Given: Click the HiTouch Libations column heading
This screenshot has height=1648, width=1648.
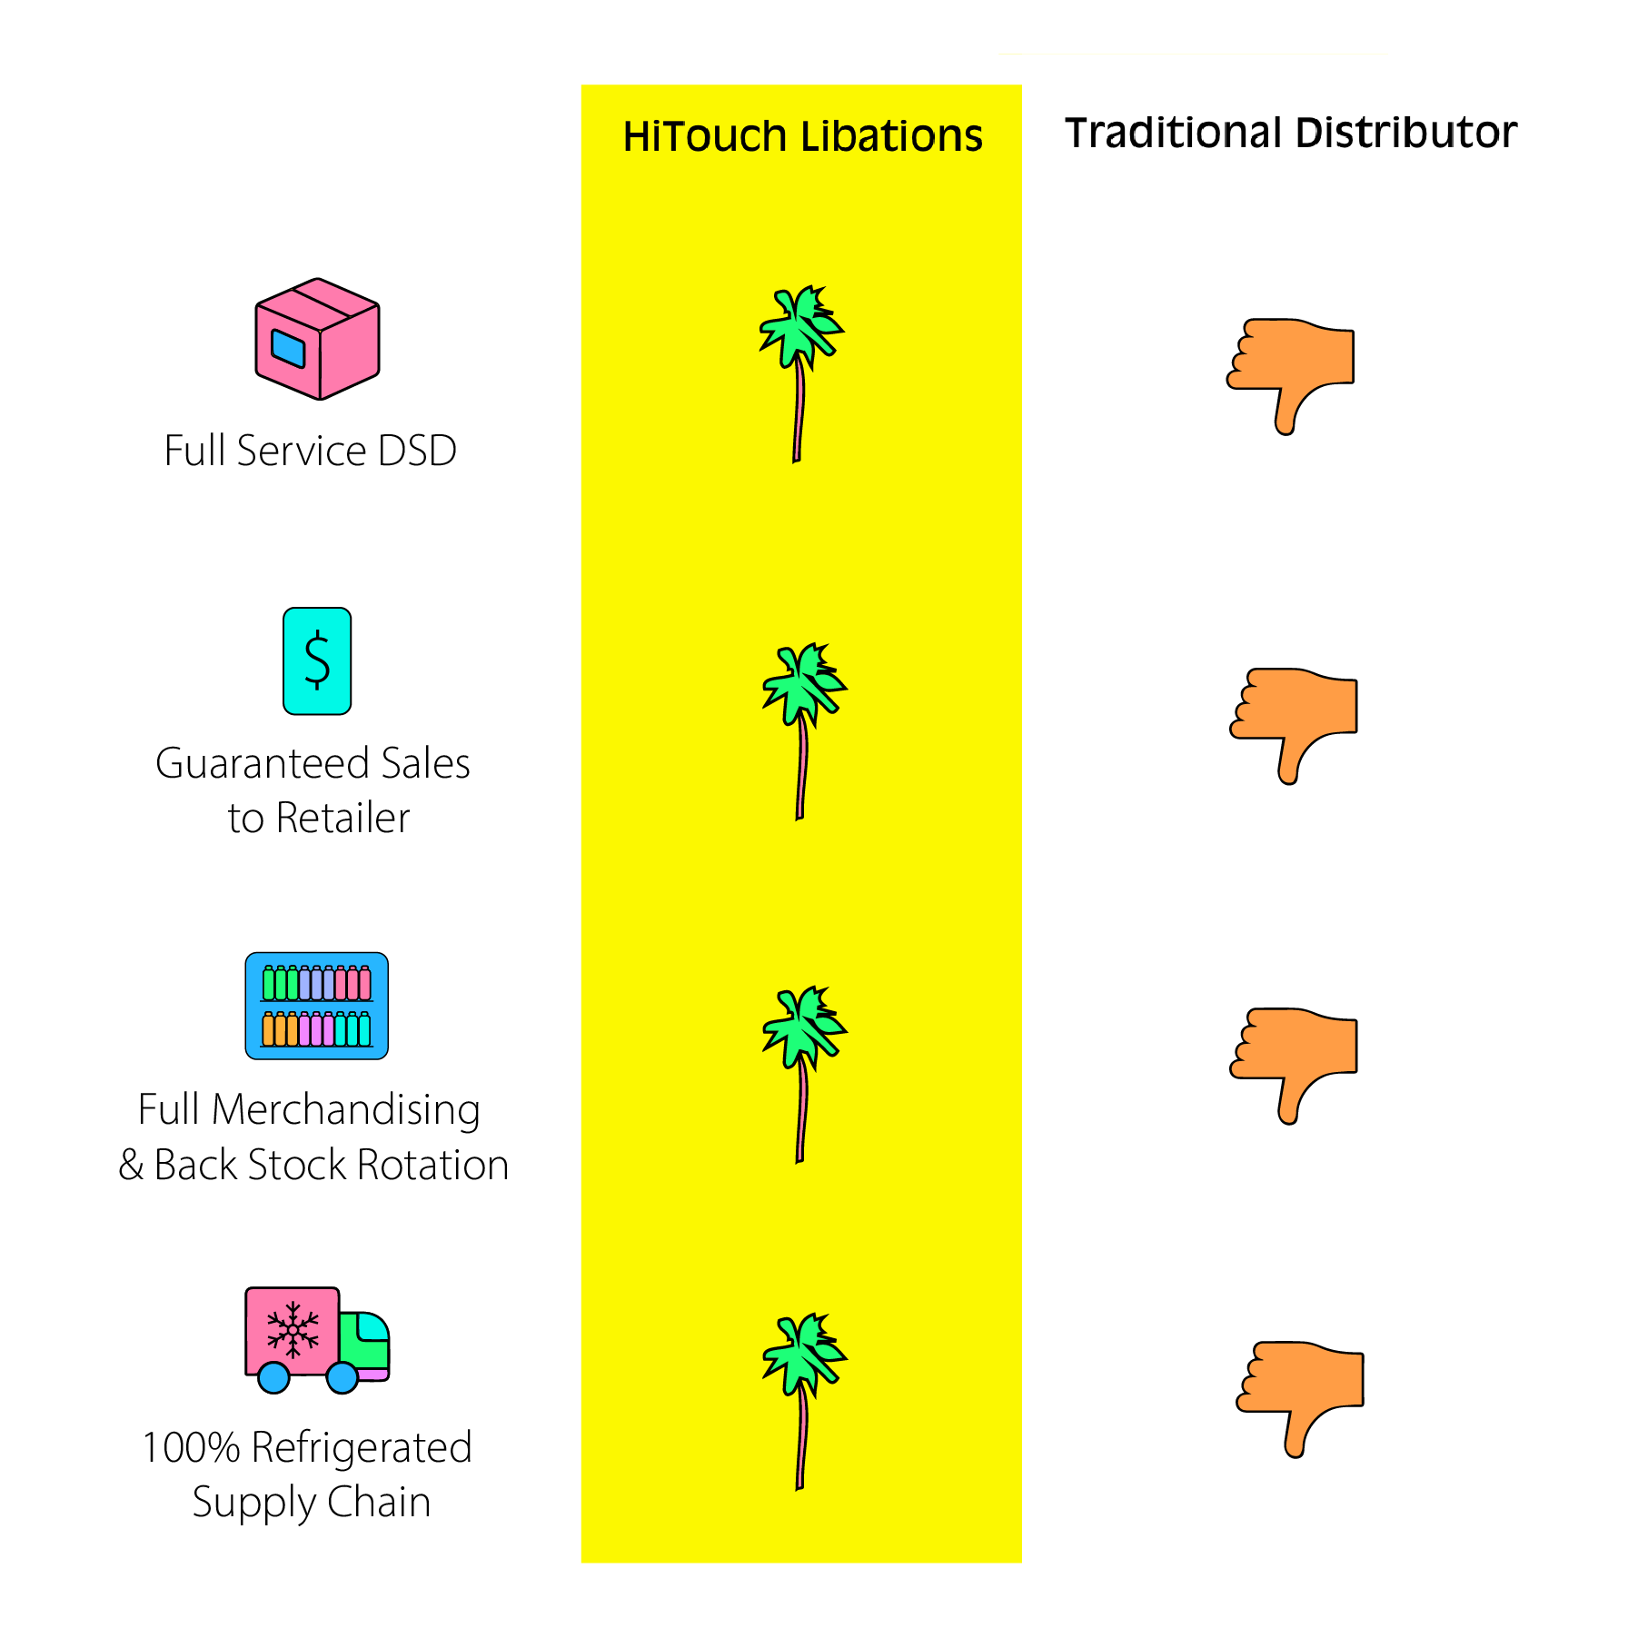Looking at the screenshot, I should tap(802, 136).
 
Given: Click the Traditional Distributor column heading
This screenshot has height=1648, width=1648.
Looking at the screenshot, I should tap(1290, 133).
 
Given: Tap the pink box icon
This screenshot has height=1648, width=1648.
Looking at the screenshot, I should tap(317, 339).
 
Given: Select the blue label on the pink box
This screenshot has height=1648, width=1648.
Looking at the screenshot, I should tap(289, 349).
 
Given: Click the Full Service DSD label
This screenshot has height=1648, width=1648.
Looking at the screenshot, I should tap(310, 451).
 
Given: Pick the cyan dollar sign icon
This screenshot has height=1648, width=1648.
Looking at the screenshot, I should tap(317, 660).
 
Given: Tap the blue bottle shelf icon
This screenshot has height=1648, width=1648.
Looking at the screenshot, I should tap(317, 1006).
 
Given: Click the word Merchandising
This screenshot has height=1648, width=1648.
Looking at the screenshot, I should tap(346, 1110).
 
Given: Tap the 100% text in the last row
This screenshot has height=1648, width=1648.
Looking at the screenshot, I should tap(191, 1448).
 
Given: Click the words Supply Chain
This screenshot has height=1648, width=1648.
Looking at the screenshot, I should tap(311, 1503).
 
